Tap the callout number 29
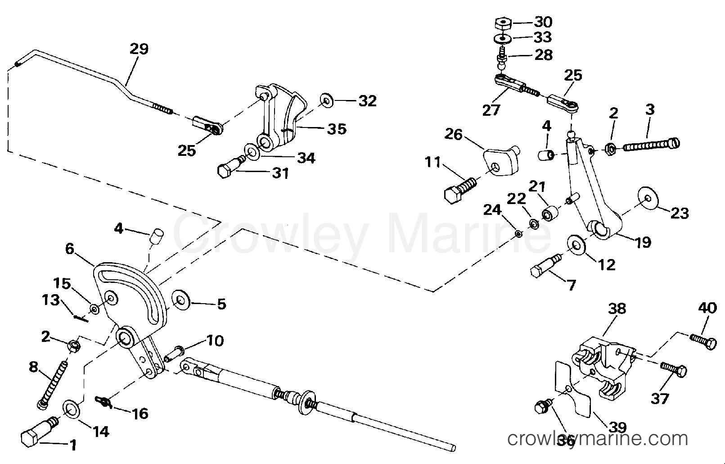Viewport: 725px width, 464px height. tap(139, 49)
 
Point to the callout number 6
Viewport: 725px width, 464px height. tap(70, 249)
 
